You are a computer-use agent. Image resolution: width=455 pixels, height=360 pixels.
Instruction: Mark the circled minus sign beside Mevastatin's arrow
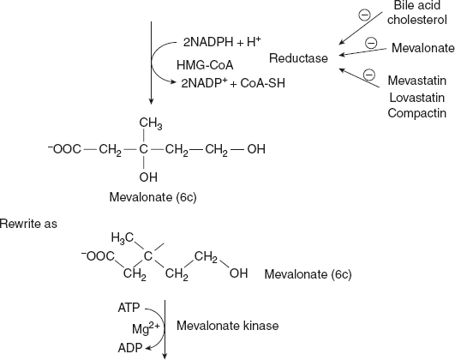pyautogui.click(x=369, y=75)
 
